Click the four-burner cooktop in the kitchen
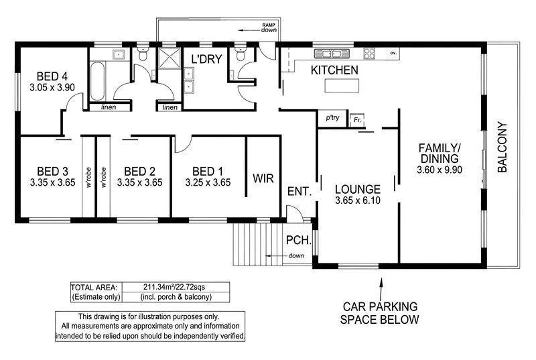coord(369,52)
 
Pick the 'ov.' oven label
coord(394,52)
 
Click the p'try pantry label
coord(332,118)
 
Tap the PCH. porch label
coord(297,240)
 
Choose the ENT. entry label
coord(299,192)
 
